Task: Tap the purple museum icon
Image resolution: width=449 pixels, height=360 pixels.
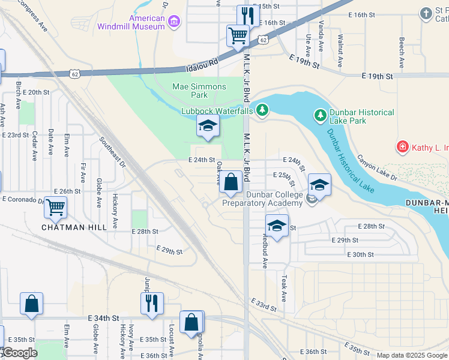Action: point(175,23)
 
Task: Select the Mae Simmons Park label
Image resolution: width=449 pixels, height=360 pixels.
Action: point(199,91)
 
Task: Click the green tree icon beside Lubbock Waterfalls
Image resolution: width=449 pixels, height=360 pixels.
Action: point(262,110)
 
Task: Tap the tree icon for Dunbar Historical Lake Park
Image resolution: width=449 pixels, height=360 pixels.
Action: point(321,114)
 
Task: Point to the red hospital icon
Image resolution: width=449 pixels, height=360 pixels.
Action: point(402,146)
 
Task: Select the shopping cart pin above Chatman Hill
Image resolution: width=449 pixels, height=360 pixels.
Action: point(56,208)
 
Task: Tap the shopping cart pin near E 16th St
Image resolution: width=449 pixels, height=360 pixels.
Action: point(238,35)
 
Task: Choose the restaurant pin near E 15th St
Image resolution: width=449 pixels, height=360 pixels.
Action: point(247,16)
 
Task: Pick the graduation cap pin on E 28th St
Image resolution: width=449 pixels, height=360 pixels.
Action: point(277,226)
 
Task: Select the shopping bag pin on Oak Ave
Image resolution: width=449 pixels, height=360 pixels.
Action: point(231,181)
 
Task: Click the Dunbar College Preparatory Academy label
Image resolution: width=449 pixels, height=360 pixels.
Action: point(262,199)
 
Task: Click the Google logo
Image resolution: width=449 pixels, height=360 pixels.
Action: point(20,353)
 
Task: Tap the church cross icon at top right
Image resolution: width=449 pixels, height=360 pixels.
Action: point(426,13)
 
